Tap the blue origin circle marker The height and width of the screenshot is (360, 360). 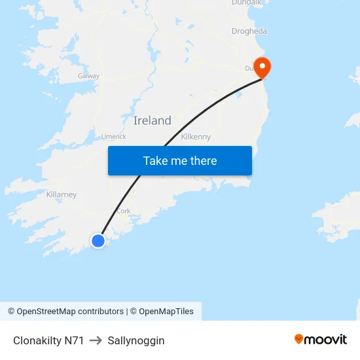point(98,241)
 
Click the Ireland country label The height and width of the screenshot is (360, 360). point(153,120)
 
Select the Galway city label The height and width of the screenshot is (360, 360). point(88,76)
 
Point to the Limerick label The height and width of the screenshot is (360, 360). point(113,136)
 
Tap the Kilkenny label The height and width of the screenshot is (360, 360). point(196,137)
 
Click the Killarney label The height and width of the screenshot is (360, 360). point(62,194)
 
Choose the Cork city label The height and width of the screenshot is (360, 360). point(124,211)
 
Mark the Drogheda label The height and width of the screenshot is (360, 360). point(249,31)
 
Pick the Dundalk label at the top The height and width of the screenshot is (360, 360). point(247,3)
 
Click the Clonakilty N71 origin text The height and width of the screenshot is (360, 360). point(48,340)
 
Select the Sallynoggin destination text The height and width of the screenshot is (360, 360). point(136,340)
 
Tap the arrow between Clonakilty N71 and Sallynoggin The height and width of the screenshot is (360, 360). point(96,340)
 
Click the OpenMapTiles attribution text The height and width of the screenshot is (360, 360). point(166,312)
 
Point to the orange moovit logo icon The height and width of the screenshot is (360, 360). point(299,339)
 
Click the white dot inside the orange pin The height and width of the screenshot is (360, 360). point(262,65)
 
